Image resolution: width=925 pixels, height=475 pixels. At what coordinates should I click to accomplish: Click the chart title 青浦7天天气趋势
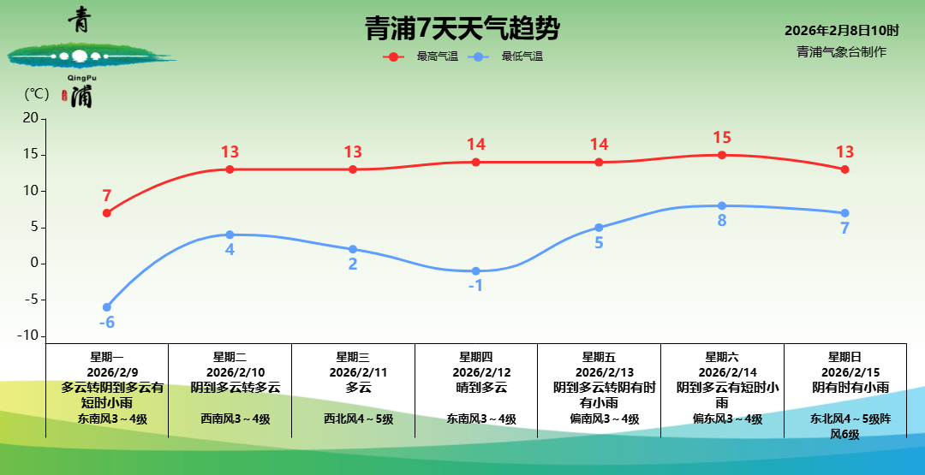pyautogui.click(x=462, y=29)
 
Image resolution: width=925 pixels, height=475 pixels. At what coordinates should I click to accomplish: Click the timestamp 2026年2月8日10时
pyautogui.click(x=841, y=31)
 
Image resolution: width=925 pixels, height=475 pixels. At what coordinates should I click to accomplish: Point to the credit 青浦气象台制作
pyautogui.click(x=841, y=51)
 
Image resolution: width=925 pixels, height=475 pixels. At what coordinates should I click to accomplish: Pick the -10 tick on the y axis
pyautogui.click(x=27, y=335)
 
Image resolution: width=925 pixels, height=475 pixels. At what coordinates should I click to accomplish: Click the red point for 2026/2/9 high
pyautogui.click(x=107, y=213)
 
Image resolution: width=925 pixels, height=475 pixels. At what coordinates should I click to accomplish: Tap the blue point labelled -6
pyautogui.click(x=107, y=307)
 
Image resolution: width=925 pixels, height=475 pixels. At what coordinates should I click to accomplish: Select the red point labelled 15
pyautogui.click(x=722, y=155)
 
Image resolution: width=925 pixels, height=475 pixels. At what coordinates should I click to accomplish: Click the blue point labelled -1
pyautogui.click(x=476, y=271)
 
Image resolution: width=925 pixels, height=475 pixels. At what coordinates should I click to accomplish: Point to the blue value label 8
pyautogui.click(x=722, y=221)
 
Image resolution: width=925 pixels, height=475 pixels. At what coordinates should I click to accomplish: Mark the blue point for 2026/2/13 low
pyautogui.click(x=599, y=228)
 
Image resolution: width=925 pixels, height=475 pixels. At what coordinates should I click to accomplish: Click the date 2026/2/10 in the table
pyautogui.click(x=230, y=372)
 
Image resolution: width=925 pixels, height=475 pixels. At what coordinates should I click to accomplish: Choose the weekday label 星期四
pyautogui.click(x=476, y=357)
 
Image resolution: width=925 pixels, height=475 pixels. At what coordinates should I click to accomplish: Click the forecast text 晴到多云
pyautogui.click(x=476, y=388)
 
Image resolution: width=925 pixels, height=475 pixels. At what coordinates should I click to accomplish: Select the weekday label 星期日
pyautogui.click(x=845, y=357)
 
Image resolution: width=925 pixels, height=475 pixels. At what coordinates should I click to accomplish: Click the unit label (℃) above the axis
pyautogui.click(x=37, y=93)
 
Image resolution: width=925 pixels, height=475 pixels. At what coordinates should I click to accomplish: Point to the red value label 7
pyautogui.click(x=107, y=196)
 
